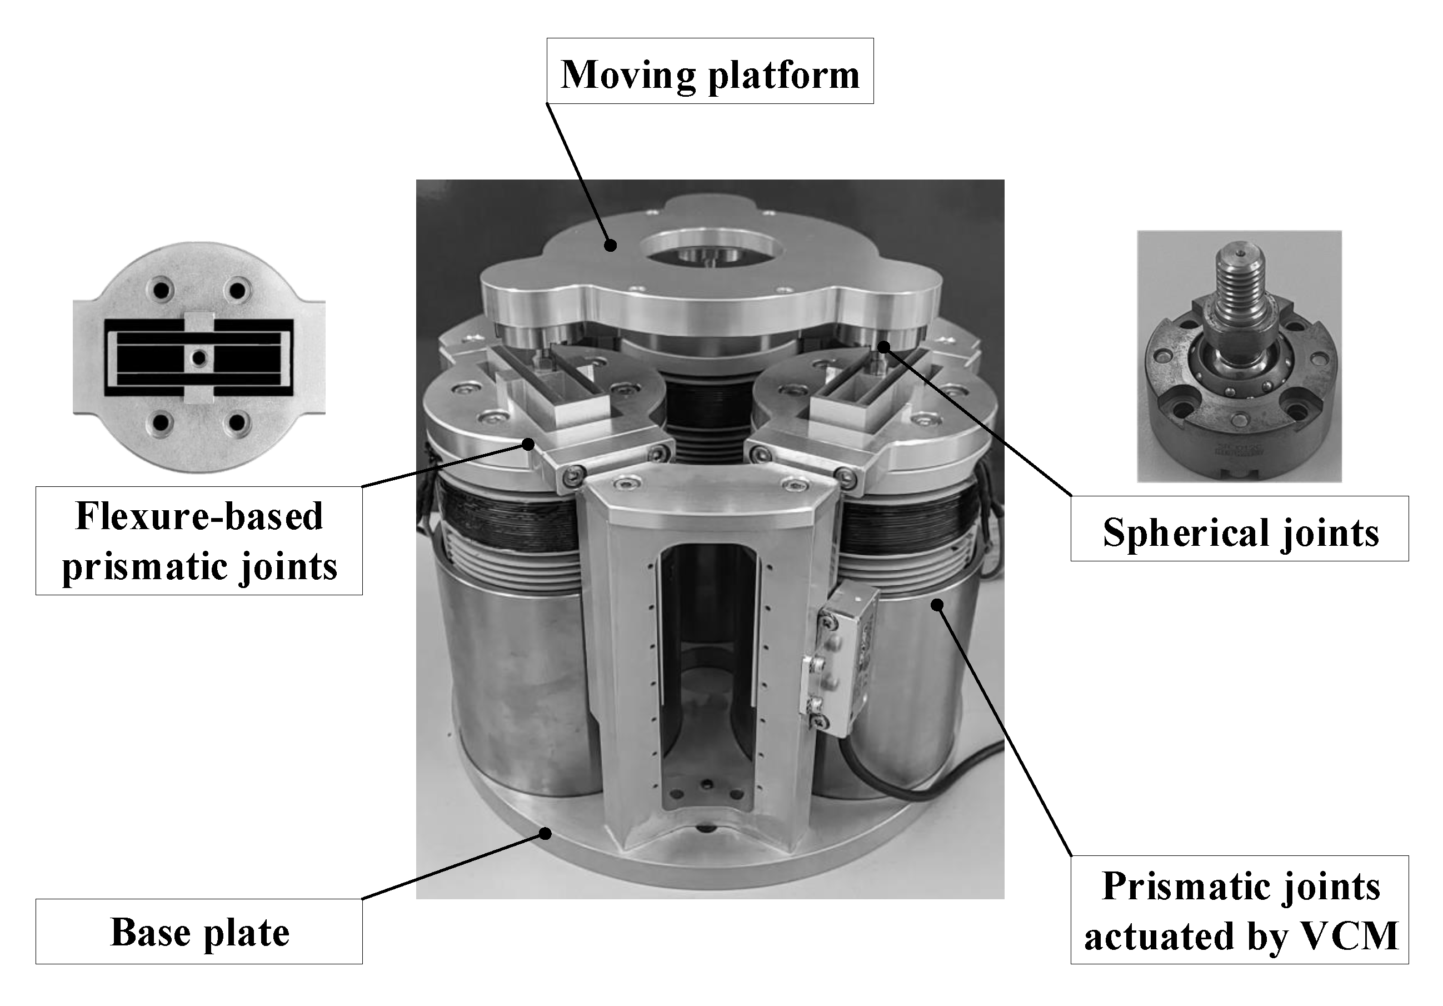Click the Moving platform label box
(x=710, y=71)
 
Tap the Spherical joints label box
(x=1240, y=529)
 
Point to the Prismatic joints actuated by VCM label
(x=1240, y=910)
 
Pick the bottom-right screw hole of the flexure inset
(x=237, y=422)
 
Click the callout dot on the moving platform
(x=610, y=245)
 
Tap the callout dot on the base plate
(x=546, y=834)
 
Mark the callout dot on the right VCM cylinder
(x=937, y=604)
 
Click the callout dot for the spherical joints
(x=883, y=346)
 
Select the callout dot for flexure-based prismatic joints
(x=528, y=445)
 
